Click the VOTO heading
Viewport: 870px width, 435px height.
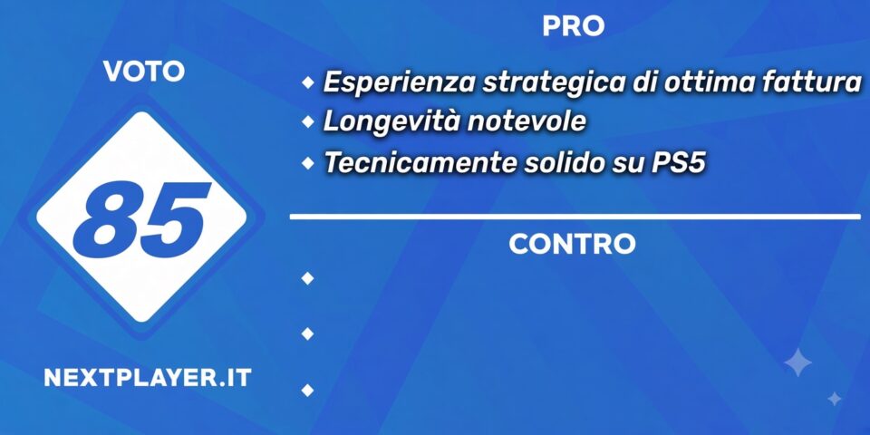(144, 72)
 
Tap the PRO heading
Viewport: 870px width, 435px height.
(573, 26)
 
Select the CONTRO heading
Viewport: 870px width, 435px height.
(572, 244)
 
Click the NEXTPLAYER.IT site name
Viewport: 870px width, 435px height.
(148, 378)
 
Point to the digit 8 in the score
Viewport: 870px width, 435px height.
(105, 220)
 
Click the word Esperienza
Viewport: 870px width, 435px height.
(399, 83)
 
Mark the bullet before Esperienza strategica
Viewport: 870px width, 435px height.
(307, 83)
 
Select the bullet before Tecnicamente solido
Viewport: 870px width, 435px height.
(307, 162)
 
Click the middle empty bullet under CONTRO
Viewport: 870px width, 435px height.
(307, 333)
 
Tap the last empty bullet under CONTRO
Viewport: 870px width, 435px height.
(307, 390)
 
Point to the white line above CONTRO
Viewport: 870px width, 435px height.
(575, 217)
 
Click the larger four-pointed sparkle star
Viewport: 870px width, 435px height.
(797, 362)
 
